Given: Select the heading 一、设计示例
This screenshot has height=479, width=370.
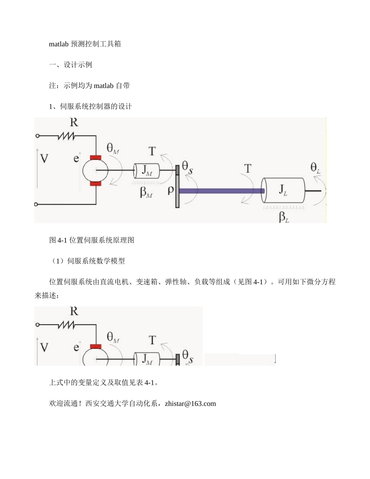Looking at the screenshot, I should point(70,65).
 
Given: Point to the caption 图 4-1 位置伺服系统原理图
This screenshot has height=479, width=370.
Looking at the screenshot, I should point(92,240).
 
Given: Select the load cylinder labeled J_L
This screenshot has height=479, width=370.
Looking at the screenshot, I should point(283,190).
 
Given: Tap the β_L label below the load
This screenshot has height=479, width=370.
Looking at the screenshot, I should point(284,217).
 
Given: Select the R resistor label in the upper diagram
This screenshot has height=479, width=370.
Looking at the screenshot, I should point(74,123).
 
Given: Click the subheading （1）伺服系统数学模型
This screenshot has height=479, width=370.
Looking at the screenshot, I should point(88,261).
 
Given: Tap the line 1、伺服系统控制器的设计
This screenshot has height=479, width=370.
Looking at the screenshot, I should point(90,106).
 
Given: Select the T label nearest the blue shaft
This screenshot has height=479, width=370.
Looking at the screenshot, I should point(247,169).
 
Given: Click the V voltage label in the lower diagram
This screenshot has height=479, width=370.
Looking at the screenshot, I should point(44,347).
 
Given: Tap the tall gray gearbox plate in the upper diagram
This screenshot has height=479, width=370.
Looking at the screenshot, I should point(177,187).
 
